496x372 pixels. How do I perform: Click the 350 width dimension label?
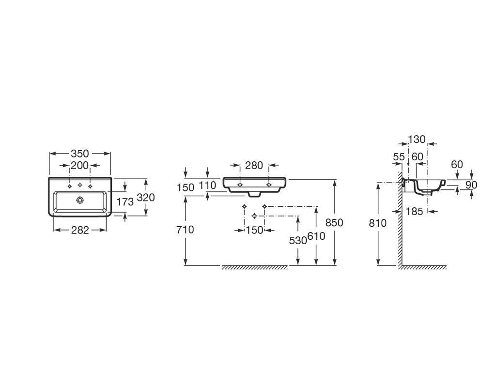(80, 154)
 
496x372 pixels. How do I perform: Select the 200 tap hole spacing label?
(80, 165)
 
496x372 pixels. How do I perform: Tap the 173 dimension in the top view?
(125, 201)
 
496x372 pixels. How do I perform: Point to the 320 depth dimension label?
(146, 198)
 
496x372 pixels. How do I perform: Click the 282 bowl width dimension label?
(80, 230)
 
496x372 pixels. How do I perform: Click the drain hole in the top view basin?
(80, 200)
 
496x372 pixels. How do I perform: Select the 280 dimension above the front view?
(254, 165)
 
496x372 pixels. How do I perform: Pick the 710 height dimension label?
(185, 229)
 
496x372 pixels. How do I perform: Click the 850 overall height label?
(334, 223)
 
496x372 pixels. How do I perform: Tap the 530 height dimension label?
(298, 241)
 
